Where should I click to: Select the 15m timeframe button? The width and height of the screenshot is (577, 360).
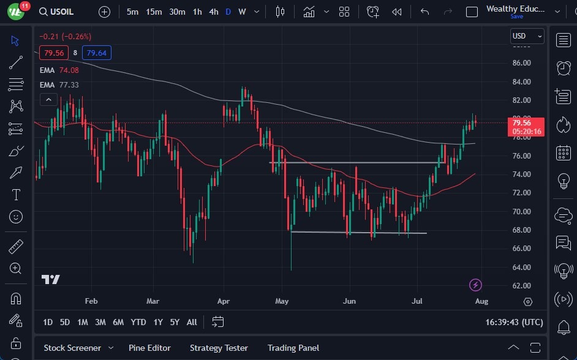pos(154,12)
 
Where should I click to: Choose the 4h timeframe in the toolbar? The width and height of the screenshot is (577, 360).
pos(213,12)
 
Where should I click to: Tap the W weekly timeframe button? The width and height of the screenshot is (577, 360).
pos(242,12)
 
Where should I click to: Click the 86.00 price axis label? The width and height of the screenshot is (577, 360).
pos(521,63)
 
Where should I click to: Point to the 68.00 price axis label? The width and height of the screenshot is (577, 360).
pos(521,230)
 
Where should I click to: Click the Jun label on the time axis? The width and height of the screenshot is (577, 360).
pos(349,301)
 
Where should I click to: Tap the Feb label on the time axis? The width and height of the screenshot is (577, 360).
pos(91,301)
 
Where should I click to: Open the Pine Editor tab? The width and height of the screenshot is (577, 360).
pos(149,348)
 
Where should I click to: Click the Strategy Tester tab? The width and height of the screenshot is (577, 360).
pos(219,348)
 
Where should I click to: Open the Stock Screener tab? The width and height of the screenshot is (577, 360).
pos(72,348)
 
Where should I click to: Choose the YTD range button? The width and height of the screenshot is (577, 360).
pos(138,322)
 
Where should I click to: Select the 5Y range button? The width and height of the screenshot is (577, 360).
pos(175,322)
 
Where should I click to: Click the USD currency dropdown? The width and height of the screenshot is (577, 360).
pos(527,36)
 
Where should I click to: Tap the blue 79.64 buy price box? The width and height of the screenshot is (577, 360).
pos(97,53)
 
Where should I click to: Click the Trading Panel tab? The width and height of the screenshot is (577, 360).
pos(293,348)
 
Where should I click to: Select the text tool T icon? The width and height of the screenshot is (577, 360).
pos(16,195)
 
